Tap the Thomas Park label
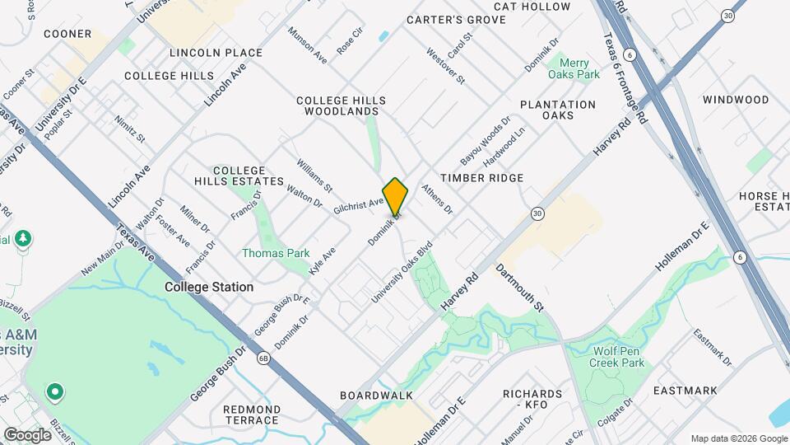(276, 253)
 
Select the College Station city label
(209, 287)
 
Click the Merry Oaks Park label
(579, 68)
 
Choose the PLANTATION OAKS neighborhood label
(558, 110)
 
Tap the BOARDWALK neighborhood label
(377, 396)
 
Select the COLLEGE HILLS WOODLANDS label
(342, 105)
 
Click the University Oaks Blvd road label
(401, 273)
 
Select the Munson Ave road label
(307, 45)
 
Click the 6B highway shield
(263, 358)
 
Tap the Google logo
(27, 434)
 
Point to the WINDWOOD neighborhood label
(735, 100)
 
